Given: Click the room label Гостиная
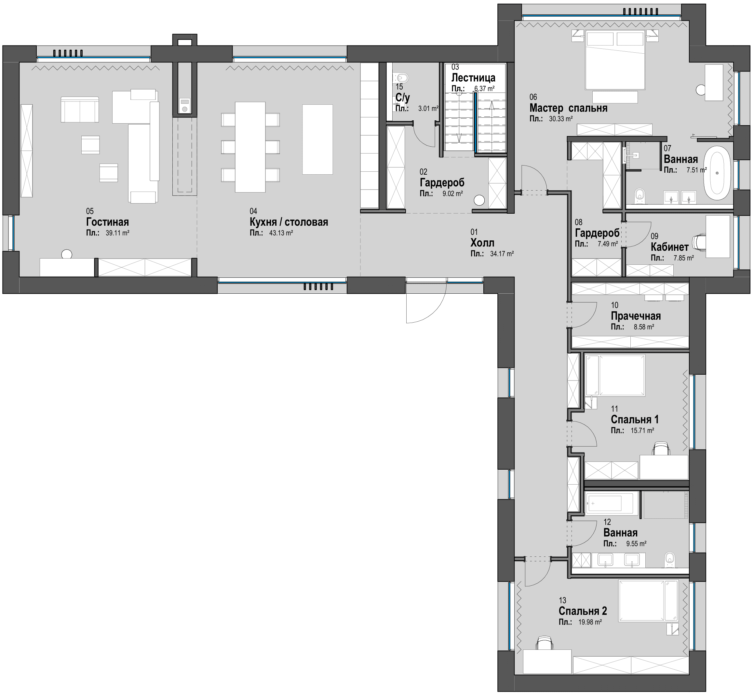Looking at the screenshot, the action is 108,222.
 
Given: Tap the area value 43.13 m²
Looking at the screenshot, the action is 281,233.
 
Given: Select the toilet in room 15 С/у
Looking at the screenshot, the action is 401,78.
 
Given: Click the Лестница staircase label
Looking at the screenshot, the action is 473,78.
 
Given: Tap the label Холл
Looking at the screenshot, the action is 482,243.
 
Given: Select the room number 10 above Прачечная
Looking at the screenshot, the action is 614,305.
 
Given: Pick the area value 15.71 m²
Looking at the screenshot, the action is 642,430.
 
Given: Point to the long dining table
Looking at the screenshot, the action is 250,147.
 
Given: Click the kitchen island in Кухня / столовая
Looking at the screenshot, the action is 317,139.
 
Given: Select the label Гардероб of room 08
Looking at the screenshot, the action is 597,233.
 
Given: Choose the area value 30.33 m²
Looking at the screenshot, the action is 561,119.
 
